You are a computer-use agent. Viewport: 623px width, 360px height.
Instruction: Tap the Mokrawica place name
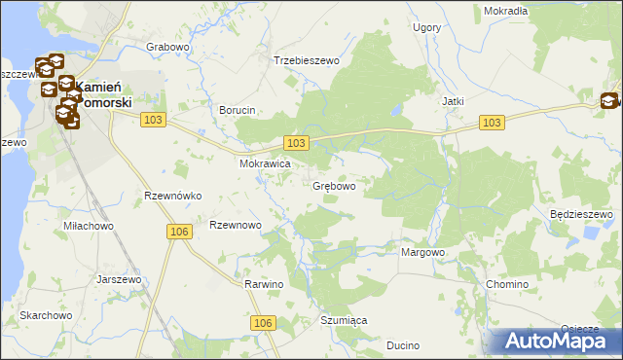pyautogui.click(x=266, y=164)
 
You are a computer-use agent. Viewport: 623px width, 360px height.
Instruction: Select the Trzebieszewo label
pyautogui.click(x=306, y=60)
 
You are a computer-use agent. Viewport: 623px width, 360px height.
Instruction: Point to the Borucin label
pyautogui.click(x=238, y=110)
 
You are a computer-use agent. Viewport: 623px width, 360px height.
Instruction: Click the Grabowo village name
pyautogui.click(x=166, y=47)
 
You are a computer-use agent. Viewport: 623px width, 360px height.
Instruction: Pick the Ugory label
pyautogui.click(x=426, y=27)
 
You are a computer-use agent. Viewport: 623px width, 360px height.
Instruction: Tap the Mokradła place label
pyautogui.click(x=505, y=11)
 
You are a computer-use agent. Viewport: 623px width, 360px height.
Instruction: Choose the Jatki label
pyautogui.click(x=452, y=101)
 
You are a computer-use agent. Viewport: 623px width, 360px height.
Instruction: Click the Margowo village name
pyautogui.click(x=422, y=252)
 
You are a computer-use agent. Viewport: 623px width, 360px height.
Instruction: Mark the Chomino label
pyautogui.click(x=506, y=284)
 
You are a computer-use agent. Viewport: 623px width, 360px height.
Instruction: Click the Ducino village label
pyautogui.click(x=402, y=344)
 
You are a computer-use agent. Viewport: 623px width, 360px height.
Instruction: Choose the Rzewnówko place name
pyautogui.click(x=172, y=196)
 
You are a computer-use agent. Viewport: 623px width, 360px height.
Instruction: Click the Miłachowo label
pyautogui.click(x=87, y=226)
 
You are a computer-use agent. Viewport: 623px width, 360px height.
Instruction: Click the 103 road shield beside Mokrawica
pyautogui.click(x=297, y=143)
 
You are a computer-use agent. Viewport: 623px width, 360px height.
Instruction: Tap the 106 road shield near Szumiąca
pyautogui.click(x=262, y=322)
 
